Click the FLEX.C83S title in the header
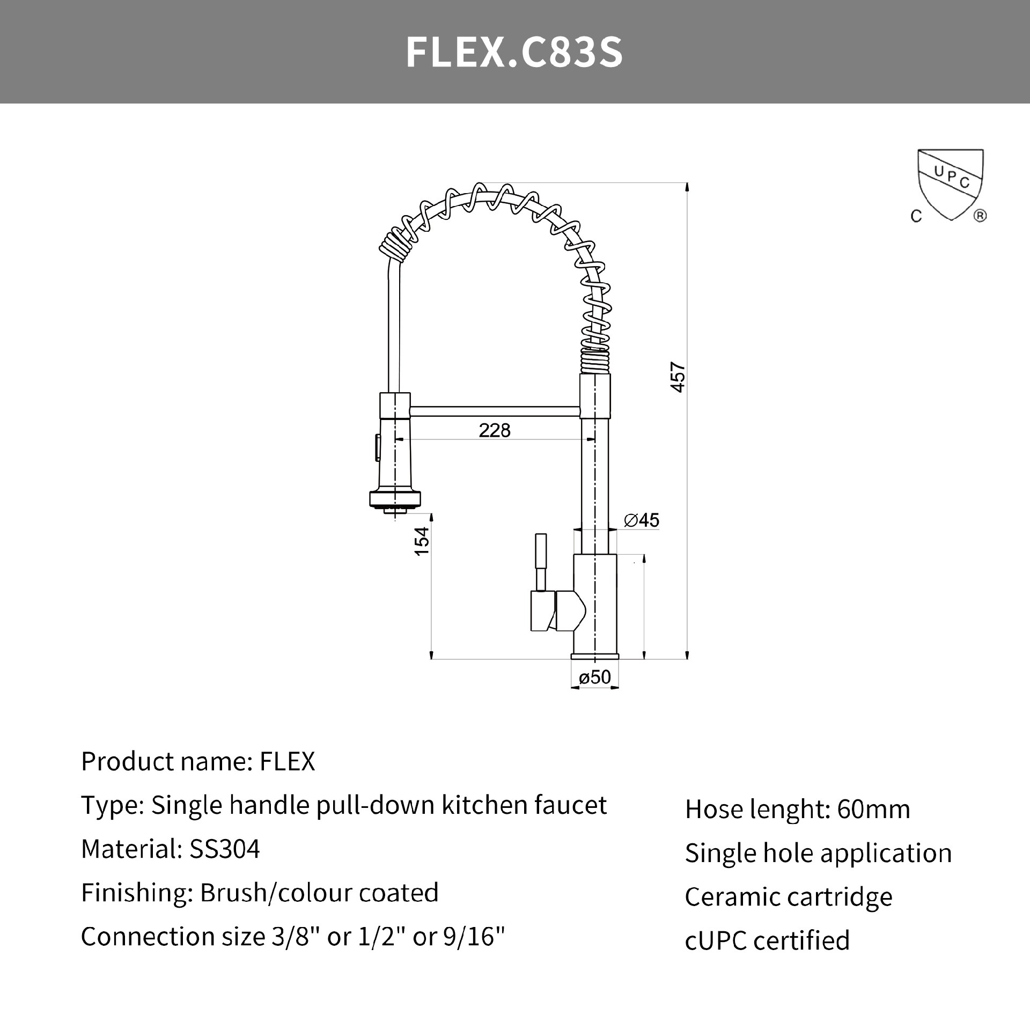click(514, 53)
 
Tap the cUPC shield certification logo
click(950, 185)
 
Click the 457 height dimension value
click(678, 378)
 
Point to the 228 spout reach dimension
click(494, 430)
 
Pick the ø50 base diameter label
click(594, 677)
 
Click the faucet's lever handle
click(541, 561)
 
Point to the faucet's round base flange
click(594, 656)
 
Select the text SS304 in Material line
click(224, 849)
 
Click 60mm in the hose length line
click(873, 810)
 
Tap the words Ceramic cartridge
click(788, 897)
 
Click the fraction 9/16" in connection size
click(474, 937)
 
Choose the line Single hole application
click(818, 853)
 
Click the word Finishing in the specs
click(136, 893)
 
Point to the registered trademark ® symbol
click(980, 216)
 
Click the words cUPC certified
click(767, 941)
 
